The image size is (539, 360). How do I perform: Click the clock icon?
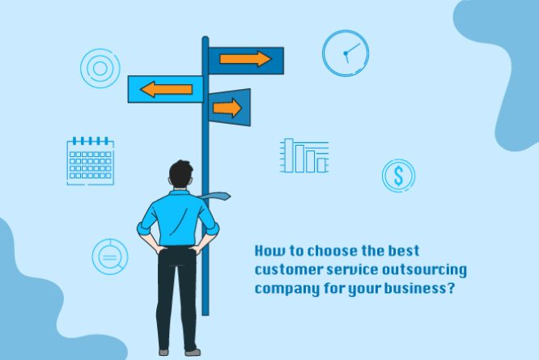click(346, 53)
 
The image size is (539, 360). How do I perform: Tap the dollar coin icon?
click(398, 176)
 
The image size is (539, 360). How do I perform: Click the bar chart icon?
click(304, 155)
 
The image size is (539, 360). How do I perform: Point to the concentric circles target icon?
click(100, 68)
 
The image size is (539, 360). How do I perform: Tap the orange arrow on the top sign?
click(245, 59)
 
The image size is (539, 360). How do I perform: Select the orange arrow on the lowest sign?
click(227, 107)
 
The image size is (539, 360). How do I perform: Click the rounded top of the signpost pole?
click(206, 40)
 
